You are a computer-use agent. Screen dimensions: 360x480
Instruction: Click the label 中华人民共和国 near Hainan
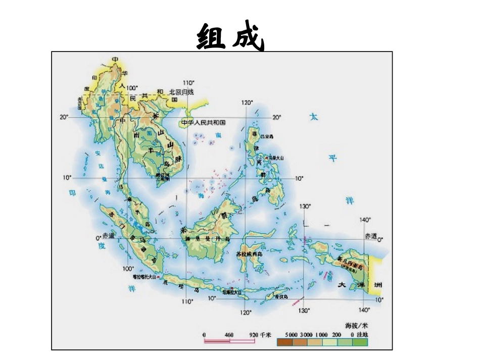(203, 123)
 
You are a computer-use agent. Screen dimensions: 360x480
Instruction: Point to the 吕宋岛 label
(266, 136)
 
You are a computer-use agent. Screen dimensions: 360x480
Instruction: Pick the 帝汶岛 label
(281, 297)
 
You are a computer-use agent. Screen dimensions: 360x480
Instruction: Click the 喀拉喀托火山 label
(143, 277)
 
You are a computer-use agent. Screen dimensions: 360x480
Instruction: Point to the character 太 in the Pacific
(314, 117)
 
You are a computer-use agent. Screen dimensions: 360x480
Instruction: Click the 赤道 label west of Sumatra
(109, 236)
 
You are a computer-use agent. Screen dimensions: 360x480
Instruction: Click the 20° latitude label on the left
(64, 117)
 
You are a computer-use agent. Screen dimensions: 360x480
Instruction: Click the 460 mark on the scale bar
(229, 335)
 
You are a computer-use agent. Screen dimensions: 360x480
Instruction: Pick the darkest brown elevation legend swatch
(284, 342)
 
